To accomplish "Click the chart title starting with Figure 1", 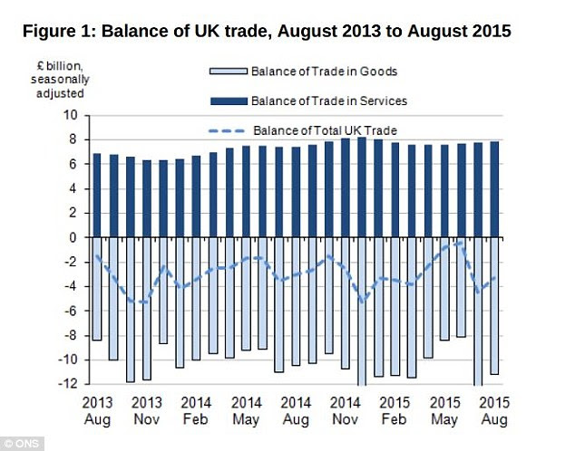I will point(267,32).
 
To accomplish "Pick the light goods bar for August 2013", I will point(96,288).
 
